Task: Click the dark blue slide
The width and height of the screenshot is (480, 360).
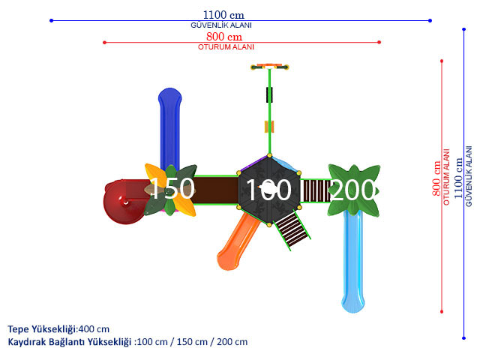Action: (x=170, y=128)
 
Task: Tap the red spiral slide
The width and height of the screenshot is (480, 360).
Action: (x=124, y=202)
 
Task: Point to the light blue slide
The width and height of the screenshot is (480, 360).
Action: (x=353, y=260)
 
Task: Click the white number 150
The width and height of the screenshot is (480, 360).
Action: (x=172, y=188)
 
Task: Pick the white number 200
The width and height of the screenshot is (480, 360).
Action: (x=352, y=190)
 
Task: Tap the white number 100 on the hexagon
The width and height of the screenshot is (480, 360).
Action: (x=268, y=190)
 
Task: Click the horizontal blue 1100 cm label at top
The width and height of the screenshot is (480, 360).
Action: (x=223, y=15)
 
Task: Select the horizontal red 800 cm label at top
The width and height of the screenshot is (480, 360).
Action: (x=224, y=37)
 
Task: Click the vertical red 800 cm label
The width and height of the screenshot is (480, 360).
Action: (x=436, y=178)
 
